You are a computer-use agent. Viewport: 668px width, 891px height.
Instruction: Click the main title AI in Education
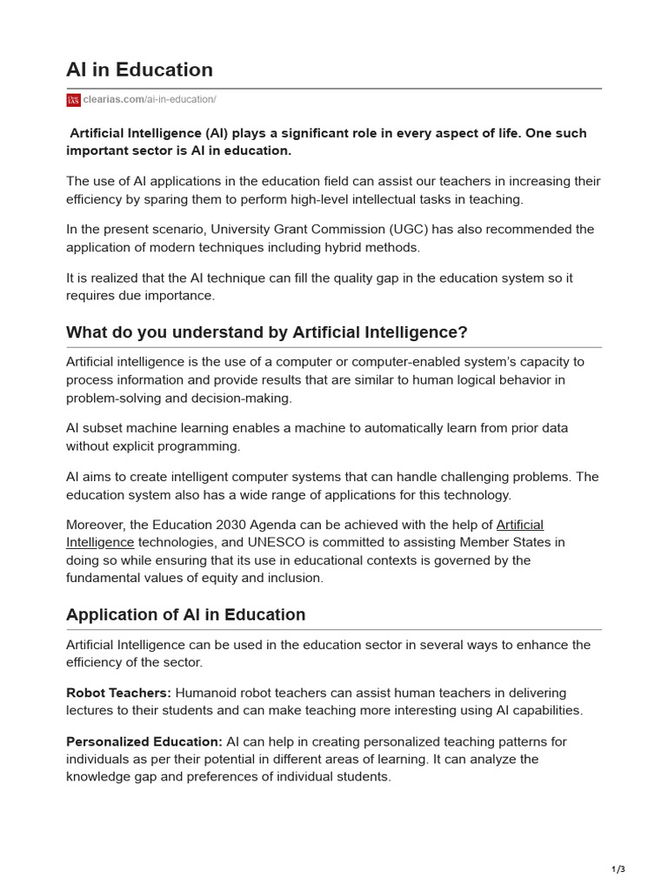(x=139, y=70)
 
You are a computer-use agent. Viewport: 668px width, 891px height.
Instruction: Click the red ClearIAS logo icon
(x=73, y=100)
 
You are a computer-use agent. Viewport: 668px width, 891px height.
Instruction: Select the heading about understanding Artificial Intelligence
(x=267, y=332)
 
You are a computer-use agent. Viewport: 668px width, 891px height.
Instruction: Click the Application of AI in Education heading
(x=185, y=614)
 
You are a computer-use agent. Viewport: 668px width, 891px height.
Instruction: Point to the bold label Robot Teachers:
(x=118, y=693)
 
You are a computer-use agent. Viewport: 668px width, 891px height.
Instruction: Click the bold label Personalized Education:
(x=144, y=741)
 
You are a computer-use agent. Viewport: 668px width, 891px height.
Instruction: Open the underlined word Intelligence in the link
(x=100, y=542)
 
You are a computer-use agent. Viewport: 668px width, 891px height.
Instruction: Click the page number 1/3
(x=618, y=868)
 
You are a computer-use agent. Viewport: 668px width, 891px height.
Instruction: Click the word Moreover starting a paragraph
(x=94, y=525)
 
